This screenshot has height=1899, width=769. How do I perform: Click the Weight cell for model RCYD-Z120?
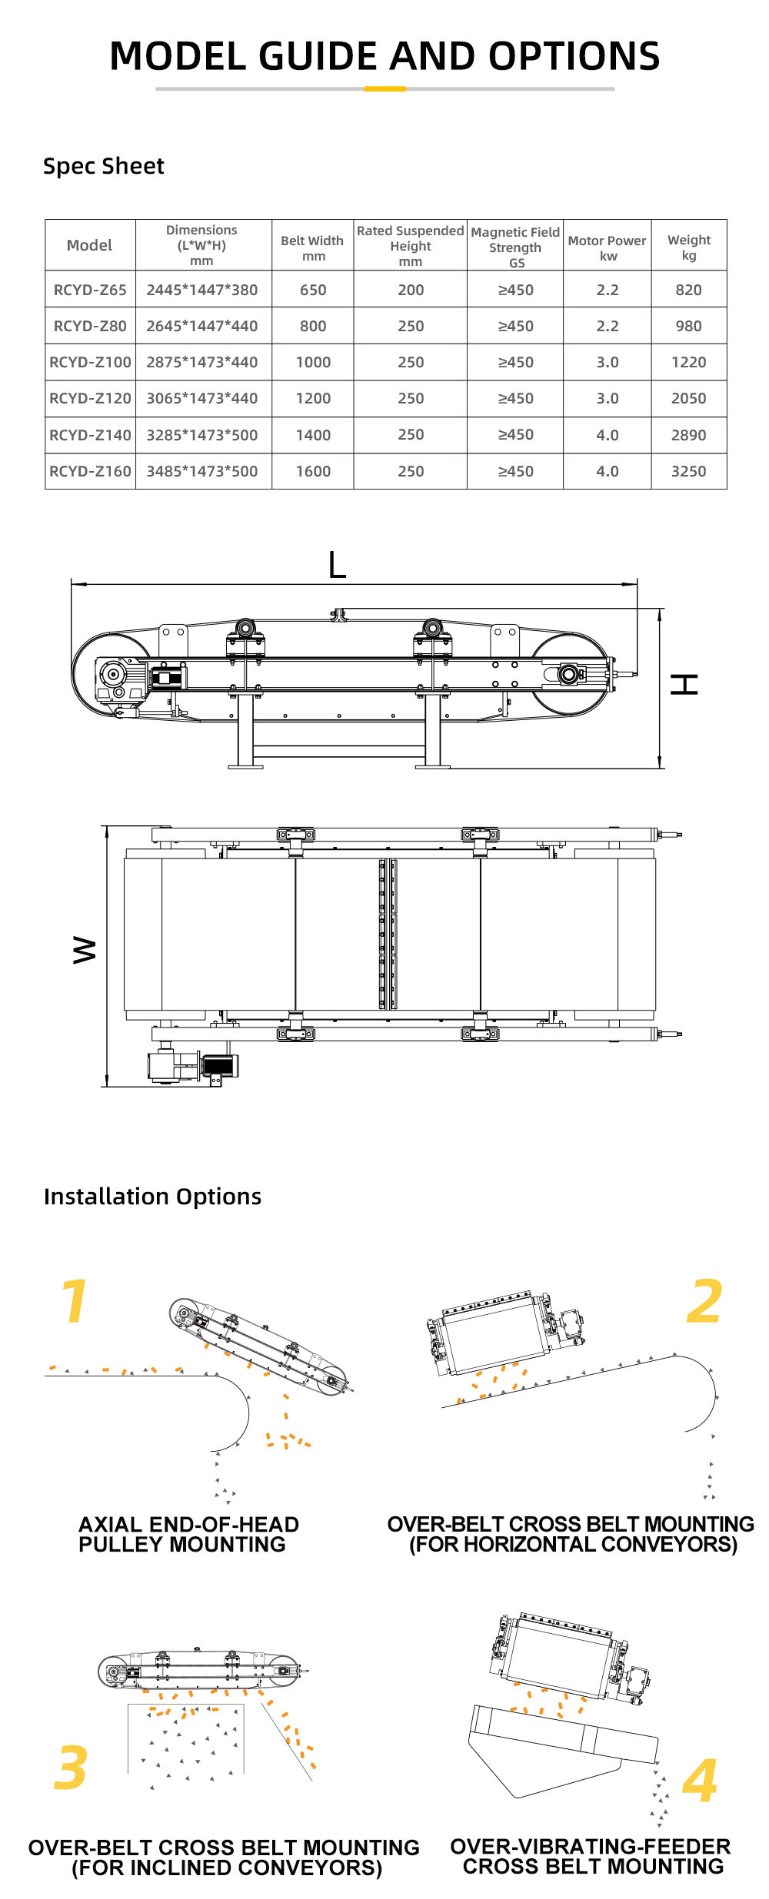point(688,398)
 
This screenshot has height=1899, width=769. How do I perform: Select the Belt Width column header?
point(312,247)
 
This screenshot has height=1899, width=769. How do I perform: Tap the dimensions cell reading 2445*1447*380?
point(202,290)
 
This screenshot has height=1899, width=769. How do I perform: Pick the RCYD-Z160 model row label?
point(90,471)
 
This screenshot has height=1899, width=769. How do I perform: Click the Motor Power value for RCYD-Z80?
point(608,326)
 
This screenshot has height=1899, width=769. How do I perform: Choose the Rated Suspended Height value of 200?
point(411,290)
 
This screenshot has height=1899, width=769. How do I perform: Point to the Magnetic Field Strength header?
point(515,247)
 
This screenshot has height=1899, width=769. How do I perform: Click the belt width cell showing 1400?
point(313,435)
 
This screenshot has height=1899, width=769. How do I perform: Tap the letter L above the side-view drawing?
point(337,565)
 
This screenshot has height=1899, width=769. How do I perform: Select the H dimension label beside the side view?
point(684,684)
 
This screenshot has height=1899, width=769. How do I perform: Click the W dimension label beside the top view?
point(85,950)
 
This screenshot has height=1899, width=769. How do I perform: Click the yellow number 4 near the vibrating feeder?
point(700,1781)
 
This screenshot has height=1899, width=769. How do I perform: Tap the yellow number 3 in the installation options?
point(71,1767)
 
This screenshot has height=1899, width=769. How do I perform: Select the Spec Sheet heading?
point(103,166)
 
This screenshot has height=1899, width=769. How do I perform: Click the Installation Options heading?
point(152,1197)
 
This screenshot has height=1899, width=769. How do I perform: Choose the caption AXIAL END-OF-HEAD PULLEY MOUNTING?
point(188,1534)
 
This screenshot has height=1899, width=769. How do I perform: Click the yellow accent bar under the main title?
point(384,88)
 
